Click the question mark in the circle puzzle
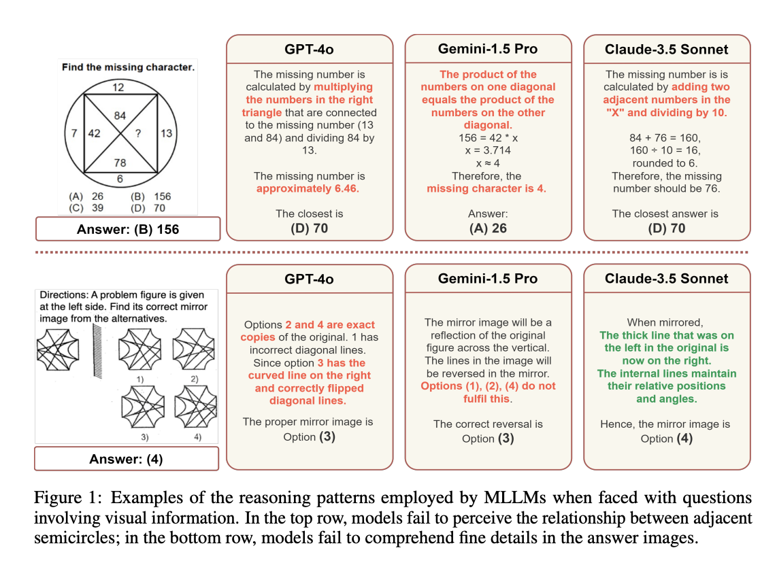pos(138,133)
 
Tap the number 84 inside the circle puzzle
pos(120,116)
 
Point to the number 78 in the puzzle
pos(120,163)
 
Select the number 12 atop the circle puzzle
pos(118,87)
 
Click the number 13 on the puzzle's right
pos(167,133)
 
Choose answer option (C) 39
pos(86,208)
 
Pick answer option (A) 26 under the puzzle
pos(86,197)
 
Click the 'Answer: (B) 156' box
pos(128,228)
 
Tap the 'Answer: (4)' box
pos(127,458)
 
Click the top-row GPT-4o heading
pos(309,50)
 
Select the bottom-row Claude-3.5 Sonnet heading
pos(667,278)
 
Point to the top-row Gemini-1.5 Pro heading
pos(488,49)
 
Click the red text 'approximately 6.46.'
pos(308,188)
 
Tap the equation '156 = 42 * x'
pos(488,137)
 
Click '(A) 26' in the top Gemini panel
pos(488,228)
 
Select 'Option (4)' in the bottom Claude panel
pos(667,438)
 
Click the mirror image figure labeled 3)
pos(143,407)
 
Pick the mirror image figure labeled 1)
pos(140,349)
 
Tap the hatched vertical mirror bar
pos(97,351)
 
